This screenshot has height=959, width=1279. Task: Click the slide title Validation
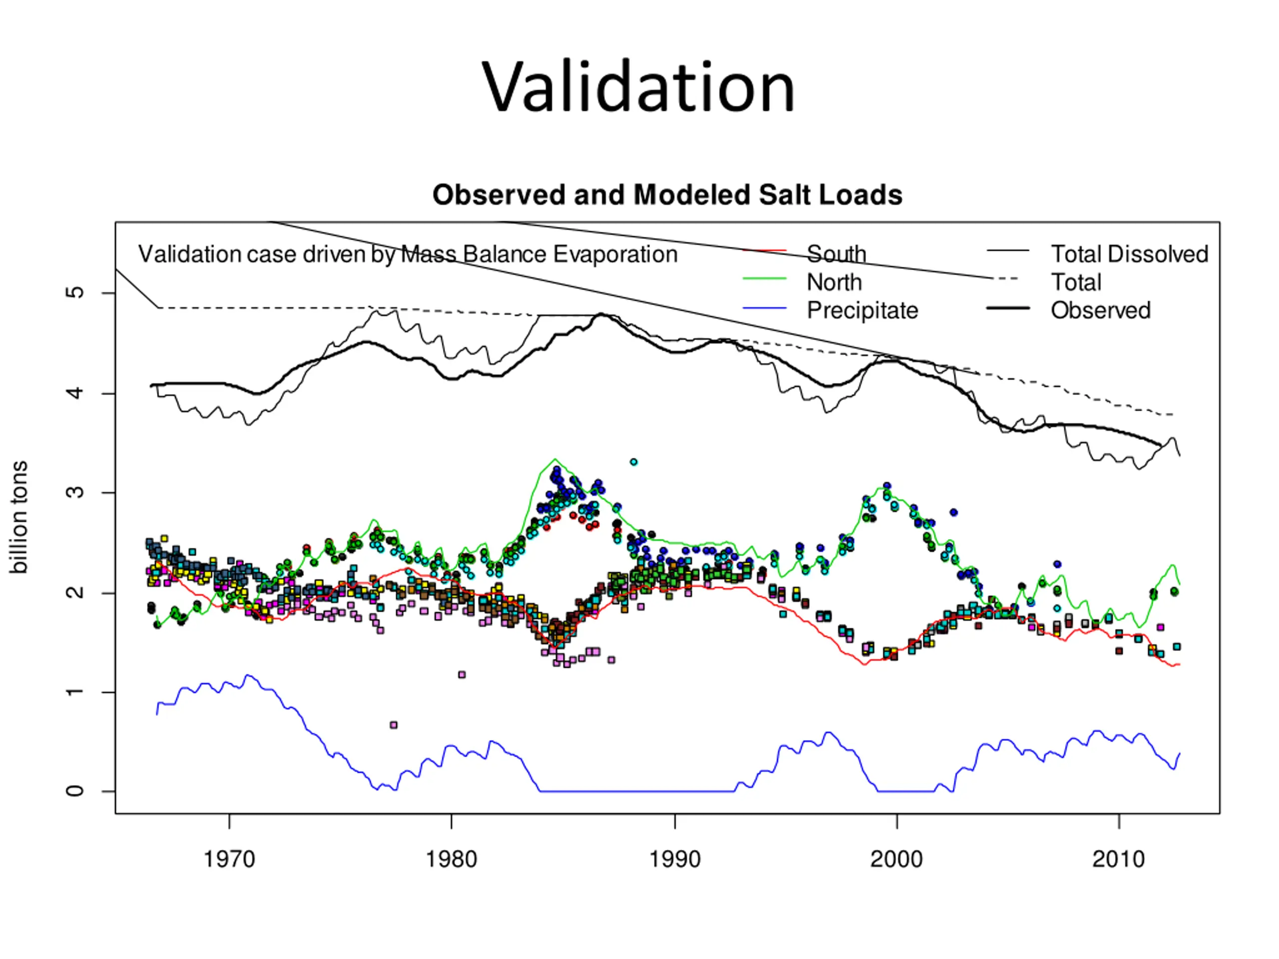click(x=639, y=88)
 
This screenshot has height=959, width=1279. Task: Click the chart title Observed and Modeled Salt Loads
click(x=667, y=195)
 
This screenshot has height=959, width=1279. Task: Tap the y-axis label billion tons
click(x=18, y=517)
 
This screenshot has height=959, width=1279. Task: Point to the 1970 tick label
click(x=229, y=860)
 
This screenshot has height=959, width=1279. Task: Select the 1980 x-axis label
click(x=451, y=860)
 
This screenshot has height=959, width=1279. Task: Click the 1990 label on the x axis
click(x=674, y=860)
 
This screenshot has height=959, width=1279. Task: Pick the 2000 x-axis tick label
click(x=896, y=860)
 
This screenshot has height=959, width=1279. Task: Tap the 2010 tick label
click(x=1118, y=860)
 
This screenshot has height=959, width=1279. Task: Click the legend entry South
click(x=836, y=254)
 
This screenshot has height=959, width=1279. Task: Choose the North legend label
click(x=834, y=282)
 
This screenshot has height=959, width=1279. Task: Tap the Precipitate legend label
click(x=862, y=310)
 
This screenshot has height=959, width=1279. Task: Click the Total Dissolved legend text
click(x=1129, y=254)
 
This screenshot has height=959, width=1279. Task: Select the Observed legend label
click(x=1100, y=310)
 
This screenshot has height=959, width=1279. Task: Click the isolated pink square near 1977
click(x=394, y=725)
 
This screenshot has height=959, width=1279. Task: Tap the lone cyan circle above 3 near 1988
click(x=634, y=462)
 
